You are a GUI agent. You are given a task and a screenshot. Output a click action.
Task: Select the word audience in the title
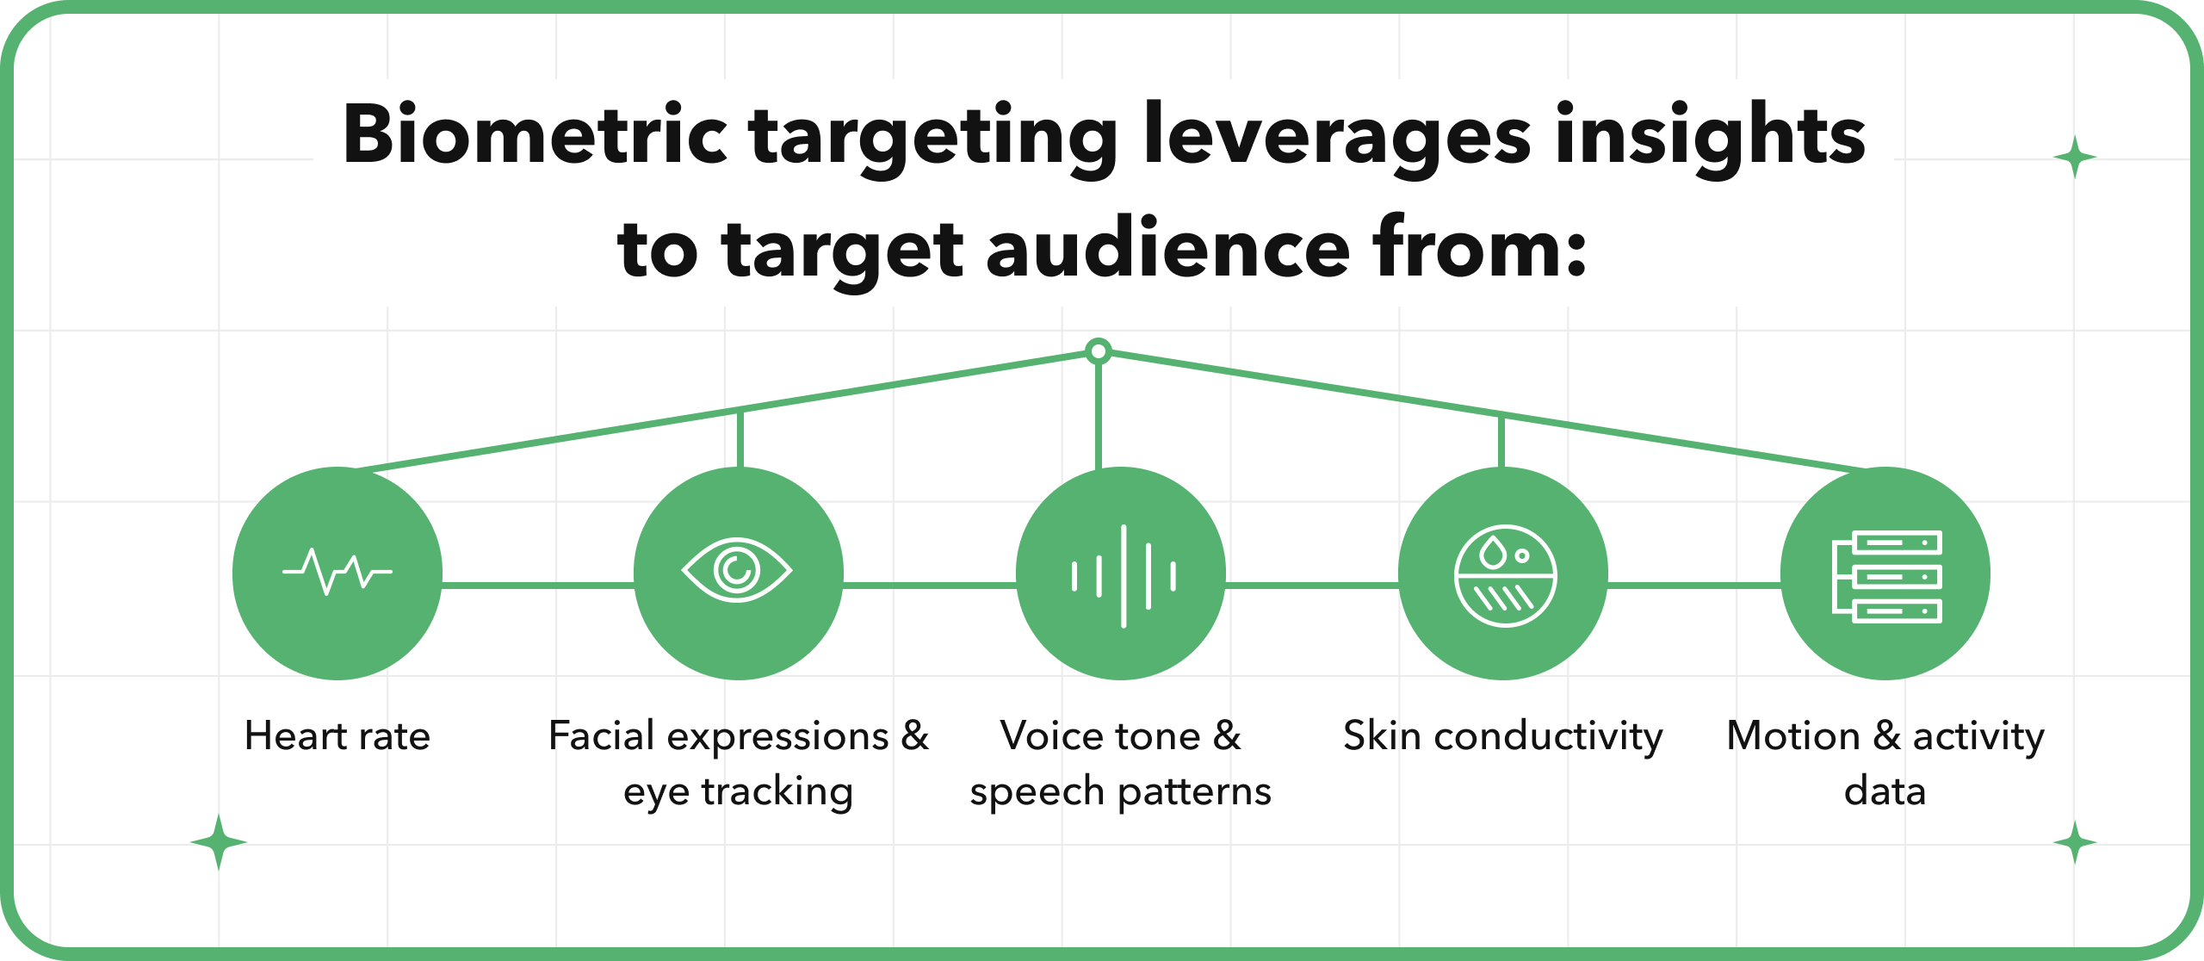point(1167,250)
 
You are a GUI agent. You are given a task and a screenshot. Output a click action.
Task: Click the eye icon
point(737,570)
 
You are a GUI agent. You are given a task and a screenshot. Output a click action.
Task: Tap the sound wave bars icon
point(1124,575)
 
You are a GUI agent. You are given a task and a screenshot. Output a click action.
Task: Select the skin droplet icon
point(1505,575)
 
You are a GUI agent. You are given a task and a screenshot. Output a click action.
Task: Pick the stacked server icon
point(1887,575)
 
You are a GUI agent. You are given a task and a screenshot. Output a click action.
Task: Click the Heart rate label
point(337,736)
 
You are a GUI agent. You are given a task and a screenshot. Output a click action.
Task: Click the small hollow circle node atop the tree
point(1099,351)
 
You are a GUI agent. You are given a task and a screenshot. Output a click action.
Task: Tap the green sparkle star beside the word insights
point(2075,158)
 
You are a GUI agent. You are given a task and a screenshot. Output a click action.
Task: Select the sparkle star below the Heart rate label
point(219,842)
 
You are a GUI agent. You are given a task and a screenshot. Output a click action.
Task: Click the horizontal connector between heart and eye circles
point(538,586)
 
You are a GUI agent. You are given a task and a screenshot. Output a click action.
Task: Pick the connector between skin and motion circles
point(1693,586)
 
